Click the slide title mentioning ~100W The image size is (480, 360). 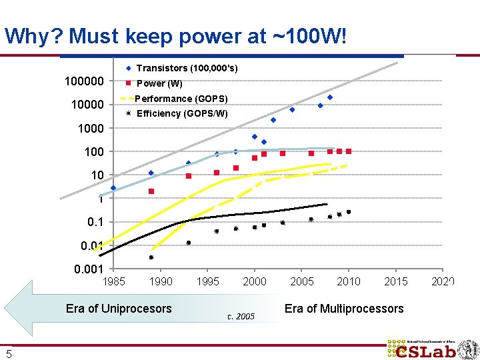coord(175,36)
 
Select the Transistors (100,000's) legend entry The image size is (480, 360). coord(186,69)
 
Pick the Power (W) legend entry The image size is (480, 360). coord(159,84)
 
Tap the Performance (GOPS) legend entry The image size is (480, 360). coord(181,99)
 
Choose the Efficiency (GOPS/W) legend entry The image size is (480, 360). coord(181,113)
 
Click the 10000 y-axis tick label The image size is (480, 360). coord(87,105)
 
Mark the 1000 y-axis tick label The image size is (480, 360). coord(90,128)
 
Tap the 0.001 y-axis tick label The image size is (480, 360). coord(88,269)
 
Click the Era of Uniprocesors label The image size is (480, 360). coord(119,309)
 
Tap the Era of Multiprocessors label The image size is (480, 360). coord(343,309)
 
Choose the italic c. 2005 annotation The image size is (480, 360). coord(241,317)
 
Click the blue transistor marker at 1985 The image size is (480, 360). coord(113,188)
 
